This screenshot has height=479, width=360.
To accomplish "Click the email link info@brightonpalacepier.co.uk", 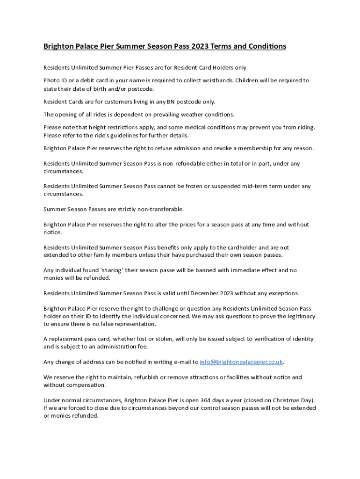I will pyautogui.click(x=241, y=362).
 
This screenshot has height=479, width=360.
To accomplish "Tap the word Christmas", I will pyautogui.click(x=283, y=400).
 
